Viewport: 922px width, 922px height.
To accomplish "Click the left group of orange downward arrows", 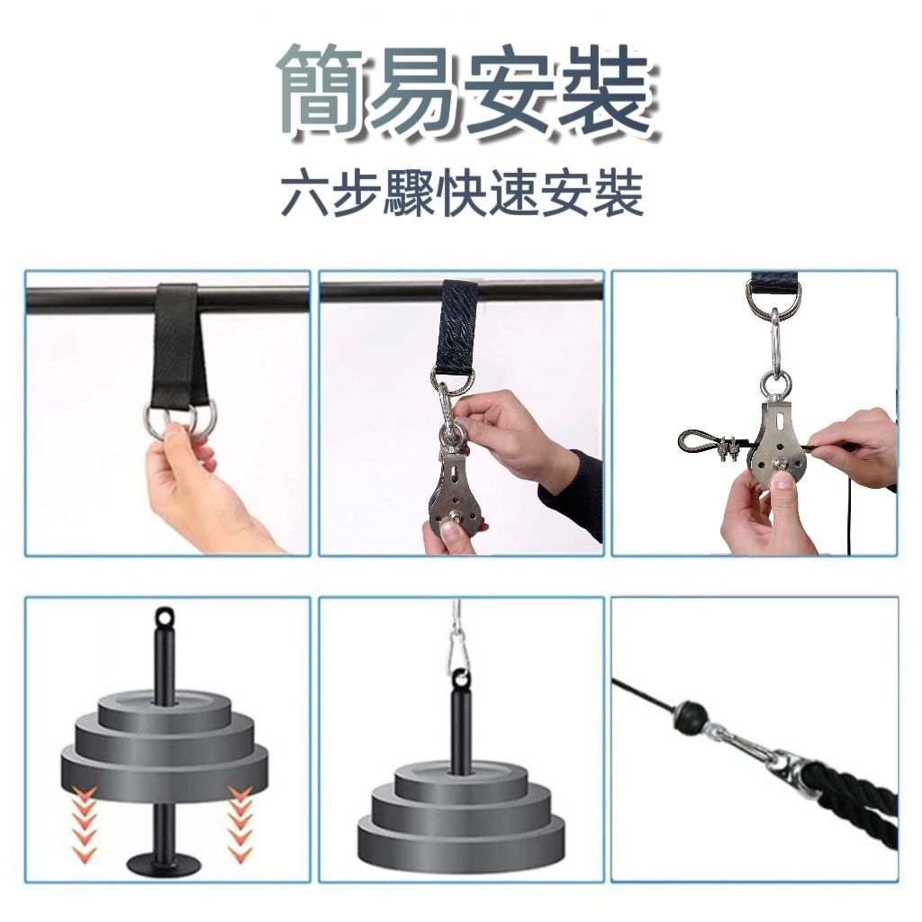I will pyautogui.click(x=85, y=818).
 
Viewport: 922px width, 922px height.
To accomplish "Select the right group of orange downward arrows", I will pyautogui.click(x=240, y=818).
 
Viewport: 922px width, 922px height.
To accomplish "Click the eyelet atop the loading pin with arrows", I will pyautogui.click(x=163, y=619).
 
